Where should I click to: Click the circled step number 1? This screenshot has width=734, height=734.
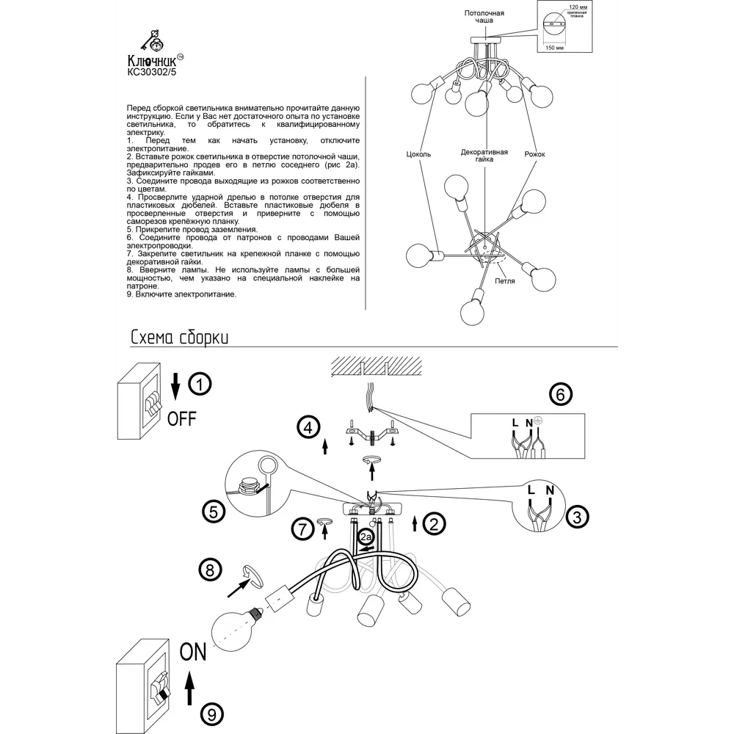tap(200, 384)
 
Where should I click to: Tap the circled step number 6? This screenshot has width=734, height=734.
tap(560, 394)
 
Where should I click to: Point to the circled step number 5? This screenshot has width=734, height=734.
tap(213, 512)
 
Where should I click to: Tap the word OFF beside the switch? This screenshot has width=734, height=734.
tap(182, 419)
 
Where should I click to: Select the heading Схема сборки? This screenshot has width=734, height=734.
tap(179, 337)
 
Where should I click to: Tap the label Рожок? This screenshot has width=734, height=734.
tap(535, 155)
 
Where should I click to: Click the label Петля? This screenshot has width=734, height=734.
tap(504, 281)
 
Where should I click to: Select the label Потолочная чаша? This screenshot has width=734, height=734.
tap(484, 18)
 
